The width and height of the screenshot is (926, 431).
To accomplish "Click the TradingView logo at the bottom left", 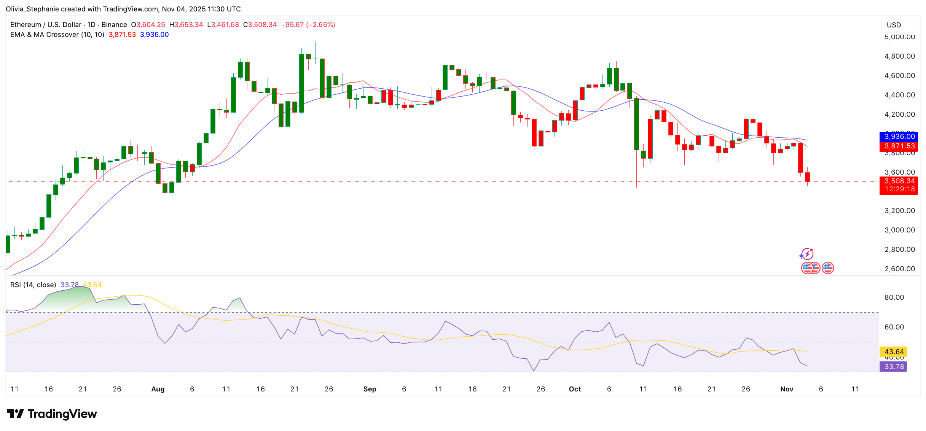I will point(52,414).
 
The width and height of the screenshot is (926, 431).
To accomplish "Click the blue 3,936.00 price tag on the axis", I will point(899,137).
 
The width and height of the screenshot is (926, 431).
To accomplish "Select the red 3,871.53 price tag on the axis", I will point(899,146).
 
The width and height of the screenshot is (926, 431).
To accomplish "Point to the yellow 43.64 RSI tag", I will point(894,352).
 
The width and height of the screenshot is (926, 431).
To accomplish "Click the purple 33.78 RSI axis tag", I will point(894,367).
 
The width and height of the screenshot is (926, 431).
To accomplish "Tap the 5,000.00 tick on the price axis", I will point(900,37).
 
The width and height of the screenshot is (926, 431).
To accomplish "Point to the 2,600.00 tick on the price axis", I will point(900,269).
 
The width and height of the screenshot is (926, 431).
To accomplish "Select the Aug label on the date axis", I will point(158,389).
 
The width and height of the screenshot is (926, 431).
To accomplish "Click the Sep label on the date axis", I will point(370,389).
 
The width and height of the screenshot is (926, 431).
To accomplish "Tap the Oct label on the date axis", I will point(575,389).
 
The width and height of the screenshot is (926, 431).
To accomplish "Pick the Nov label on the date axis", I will point(787,389).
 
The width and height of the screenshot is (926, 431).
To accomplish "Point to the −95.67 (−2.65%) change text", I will point(308,25).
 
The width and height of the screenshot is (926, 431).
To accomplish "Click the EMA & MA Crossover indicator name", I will point(57,35).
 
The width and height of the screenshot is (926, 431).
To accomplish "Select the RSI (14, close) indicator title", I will point(33,285).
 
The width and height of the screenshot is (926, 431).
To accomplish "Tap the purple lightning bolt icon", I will point(806,254).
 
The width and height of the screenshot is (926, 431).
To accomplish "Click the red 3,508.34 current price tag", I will point(899,181).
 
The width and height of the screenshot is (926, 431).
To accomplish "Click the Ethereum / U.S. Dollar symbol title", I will point(46,25).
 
